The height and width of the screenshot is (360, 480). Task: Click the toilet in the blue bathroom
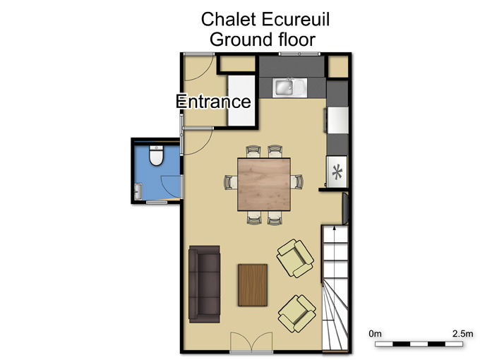[157, 155]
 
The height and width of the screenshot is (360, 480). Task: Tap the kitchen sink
[289, 88]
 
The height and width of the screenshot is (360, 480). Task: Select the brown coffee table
[253, 285]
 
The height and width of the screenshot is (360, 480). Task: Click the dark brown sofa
[204, 284]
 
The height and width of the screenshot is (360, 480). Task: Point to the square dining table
[264, 184]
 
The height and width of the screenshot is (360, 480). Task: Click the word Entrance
[213, 102]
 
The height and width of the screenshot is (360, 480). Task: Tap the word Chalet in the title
[229, 19]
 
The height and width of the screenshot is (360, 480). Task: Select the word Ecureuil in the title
[296, 19]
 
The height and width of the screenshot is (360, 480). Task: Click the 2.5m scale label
[462, 333]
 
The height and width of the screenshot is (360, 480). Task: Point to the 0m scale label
[375, 333]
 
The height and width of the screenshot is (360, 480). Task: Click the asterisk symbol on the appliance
[337, 172]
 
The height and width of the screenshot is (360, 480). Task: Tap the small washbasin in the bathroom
[138, 191]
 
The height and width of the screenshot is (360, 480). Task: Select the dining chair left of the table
[231, 182]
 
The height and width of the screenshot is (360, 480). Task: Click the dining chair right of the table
[297, 182]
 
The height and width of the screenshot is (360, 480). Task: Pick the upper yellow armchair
[295, 258]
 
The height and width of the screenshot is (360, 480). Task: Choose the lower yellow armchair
[296, 314]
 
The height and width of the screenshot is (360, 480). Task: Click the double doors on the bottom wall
[251, 342]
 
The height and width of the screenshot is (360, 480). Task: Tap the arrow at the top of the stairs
[335, 227]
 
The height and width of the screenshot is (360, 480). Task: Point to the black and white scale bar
[419, 344]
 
